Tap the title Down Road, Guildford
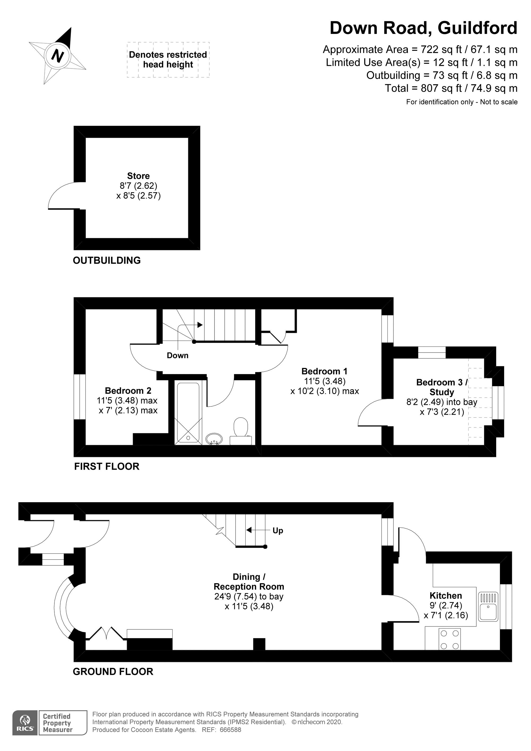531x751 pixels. (423, 28)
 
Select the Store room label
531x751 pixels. (138, 176)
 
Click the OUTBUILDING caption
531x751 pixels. (107, 260)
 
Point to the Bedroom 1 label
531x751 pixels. (324, 371)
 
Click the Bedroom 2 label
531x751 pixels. (128, 390)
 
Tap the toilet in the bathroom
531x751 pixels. (241, 431)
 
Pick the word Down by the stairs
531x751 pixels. (178, 355)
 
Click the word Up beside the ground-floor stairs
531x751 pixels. (278, 531)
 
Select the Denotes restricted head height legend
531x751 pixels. (168, 59)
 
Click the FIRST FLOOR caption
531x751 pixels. (107, 466)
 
